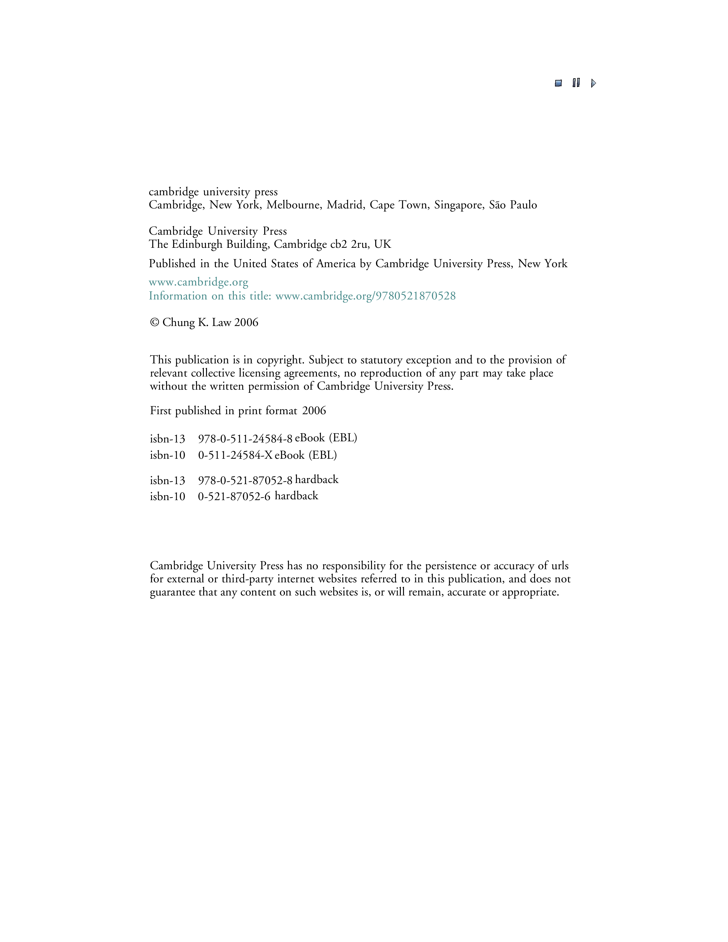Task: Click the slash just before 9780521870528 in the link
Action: pyautogui.click(x=373, y=296)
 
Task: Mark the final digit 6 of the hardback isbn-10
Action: pyautogui.click(x=268, y=496)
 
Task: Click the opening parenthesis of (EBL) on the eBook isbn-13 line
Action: pyautogui.click(x=331, y=438)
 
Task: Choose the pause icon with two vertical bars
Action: pyautogui.click(x=576, y=83)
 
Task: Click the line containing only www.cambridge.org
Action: pyautogui.click(x=198, y=283)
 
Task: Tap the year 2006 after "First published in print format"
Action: pyautogui.click(x=314, y=410)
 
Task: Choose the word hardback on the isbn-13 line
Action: pyautogui.click(x=317, y=480)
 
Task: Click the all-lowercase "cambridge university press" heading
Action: pyautogui.click(x=213, y=192)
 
